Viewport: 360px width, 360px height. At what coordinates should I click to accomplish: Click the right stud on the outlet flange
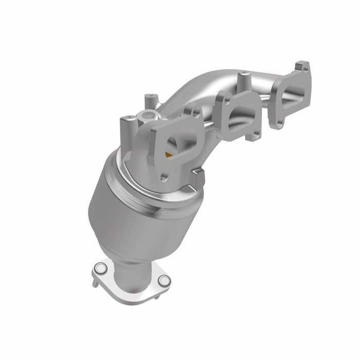coord(164,280)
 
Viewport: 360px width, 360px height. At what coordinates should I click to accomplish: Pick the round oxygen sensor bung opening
coord(149,116)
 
